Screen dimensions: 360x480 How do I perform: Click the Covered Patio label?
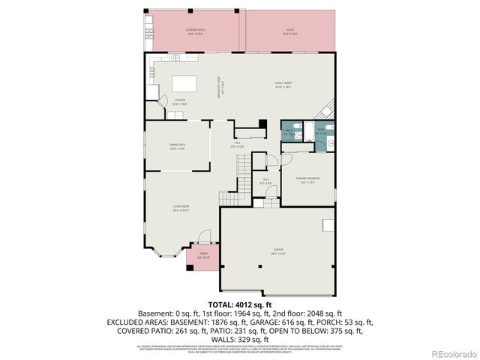(196, 31)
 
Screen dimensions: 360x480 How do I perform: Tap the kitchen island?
(183, 82)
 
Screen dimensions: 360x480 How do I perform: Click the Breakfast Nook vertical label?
(219, 88)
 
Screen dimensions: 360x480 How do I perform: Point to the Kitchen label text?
(180, 101)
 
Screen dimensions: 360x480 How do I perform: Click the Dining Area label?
(177, 148)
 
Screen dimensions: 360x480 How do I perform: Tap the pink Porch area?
(203, 256)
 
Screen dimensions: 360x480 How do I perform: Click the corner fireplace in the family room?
(328, 111)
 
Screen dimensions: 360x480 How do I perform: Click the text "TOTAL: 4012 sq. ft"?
(239, 304)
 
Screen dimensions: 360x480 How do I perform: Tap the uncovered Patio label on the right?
(289, 31)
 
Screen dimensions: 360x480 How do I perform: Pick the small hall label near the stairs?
(265, 181)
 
